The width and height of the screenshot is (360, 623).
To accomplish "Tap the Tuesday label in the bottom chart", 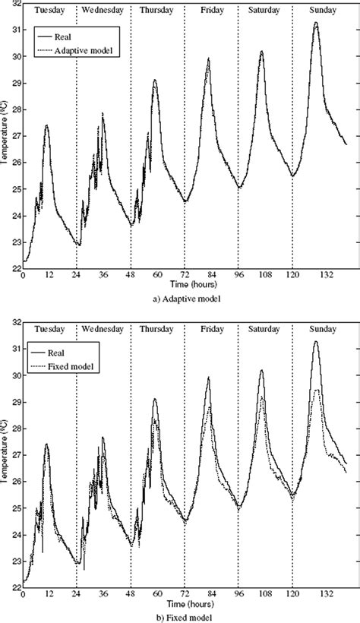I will (x=49, y=330).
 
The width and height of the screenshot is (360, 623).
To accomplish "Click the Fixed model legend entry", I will (x=74, y=368).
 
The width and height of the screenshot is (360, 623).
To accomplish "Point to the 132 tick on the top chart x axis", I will (x=318, y=275).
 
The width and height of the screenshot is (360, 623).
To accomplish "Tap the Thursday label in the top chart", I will (x=157, y=11).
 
